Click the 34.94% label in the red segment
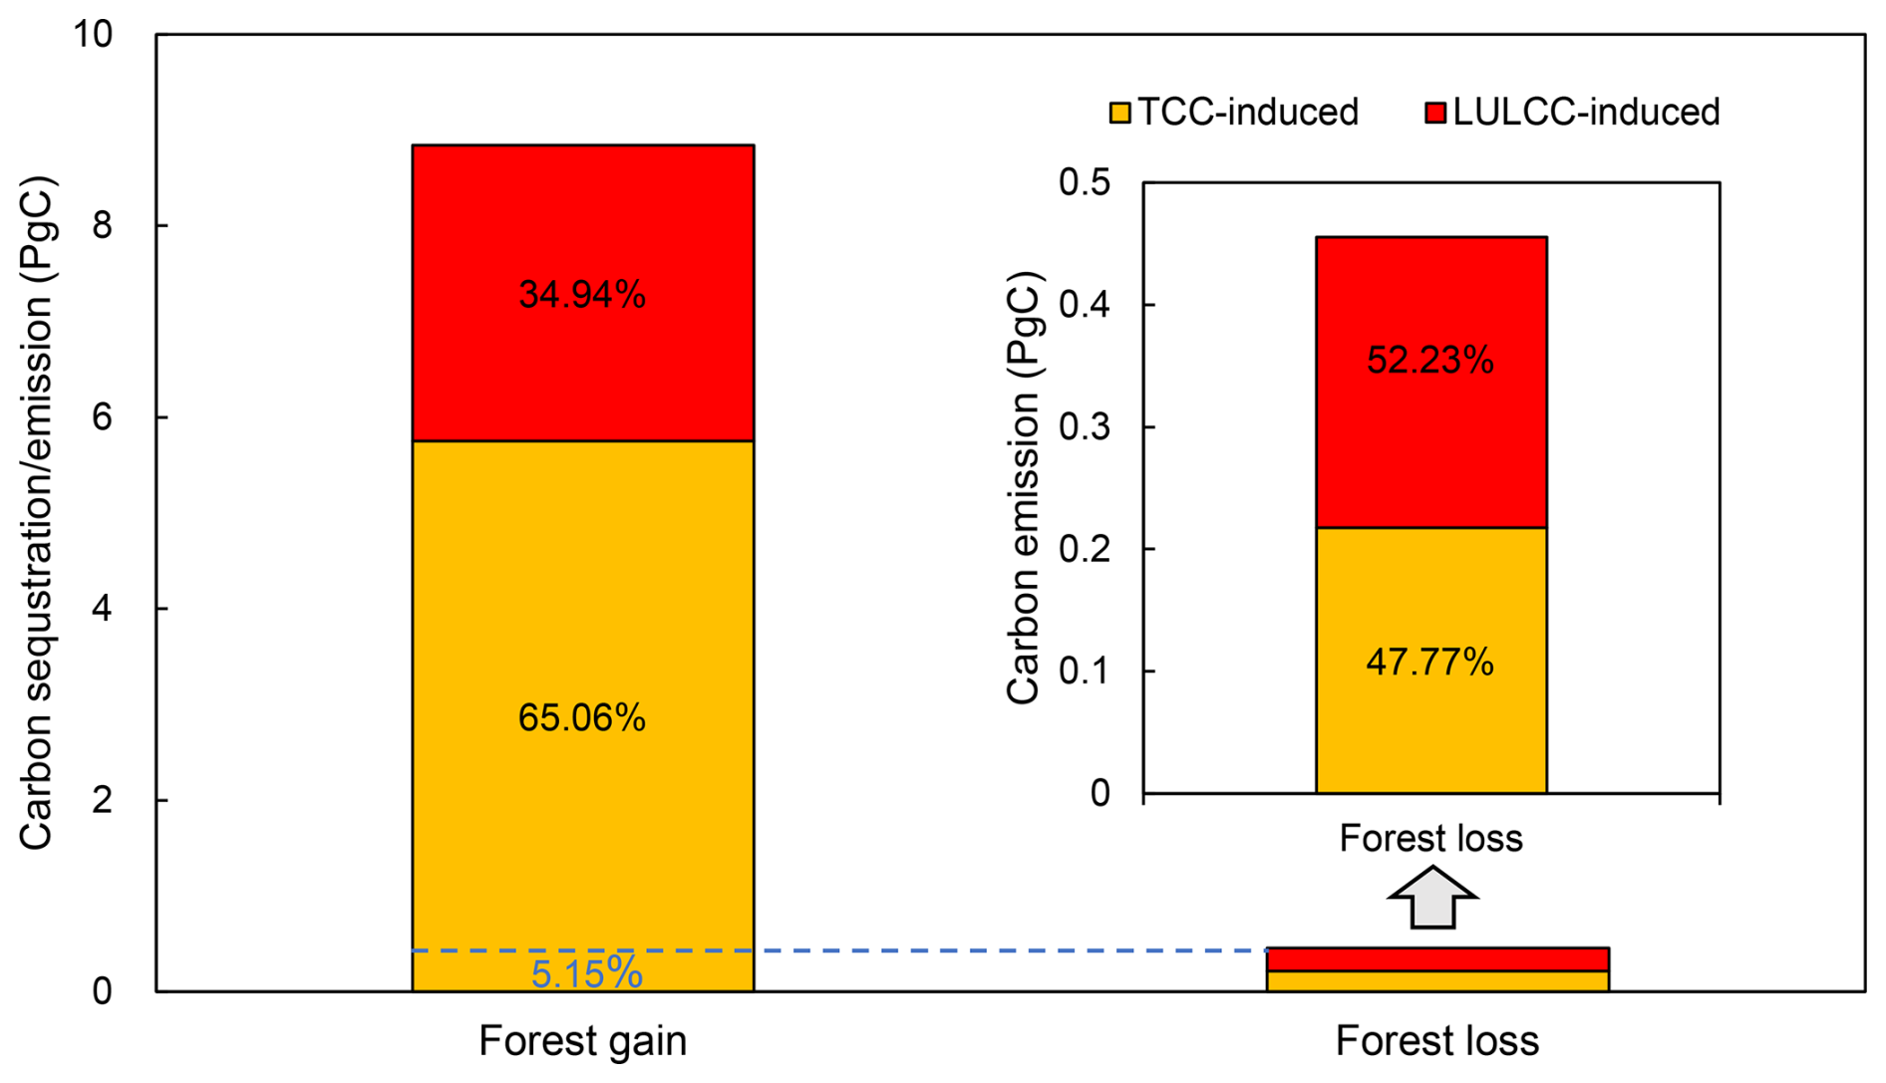tap(582, 295)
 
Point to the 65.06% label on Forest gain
tap(582, 717)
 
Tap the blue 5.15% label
tap(586, 973)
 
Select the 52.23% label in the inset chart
tap(1429, 360)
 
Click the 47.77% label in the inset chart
tap(1429, 662)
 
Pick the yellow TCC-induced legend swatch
tap(1120, 113)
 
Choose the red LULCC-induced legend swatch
tap(1435, 113)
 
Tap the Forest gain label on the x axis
tap(582, 1041)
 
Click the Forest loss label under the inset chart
tap(1430, 839)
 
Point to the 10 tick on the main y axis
tap(94, 35)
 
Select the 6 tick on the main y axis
tap(102, 417)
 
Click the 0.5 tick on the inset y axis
tap(1084, 182)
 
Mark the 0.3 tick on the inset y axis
tap(1084, 426)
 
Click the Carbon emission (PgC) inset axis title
tap(1024, 488)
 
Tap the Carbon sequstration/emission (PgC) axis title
tap(36, 513)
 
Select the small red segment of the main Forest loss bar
tap(1437, 958)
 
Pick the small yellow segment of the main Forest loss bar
tap(1437, 980)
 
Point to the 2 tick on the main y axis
tap(102, 800)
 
